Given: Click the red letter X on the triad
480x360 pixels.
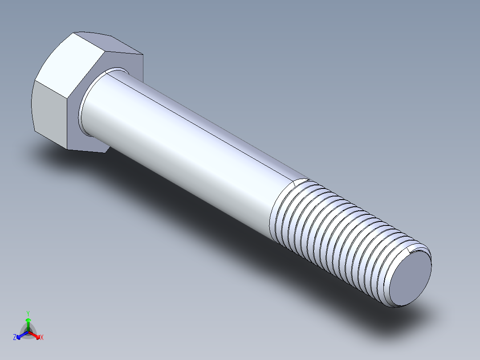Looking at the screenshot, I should point(42,337).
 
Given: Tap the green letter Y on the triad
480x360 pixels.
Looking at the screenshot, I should point(28,313).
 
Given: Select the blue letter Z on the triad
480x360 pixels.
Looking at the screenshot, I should point(15,337).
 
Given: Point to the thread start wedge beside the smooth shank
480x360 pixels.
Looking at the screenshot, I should point(301,181).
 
